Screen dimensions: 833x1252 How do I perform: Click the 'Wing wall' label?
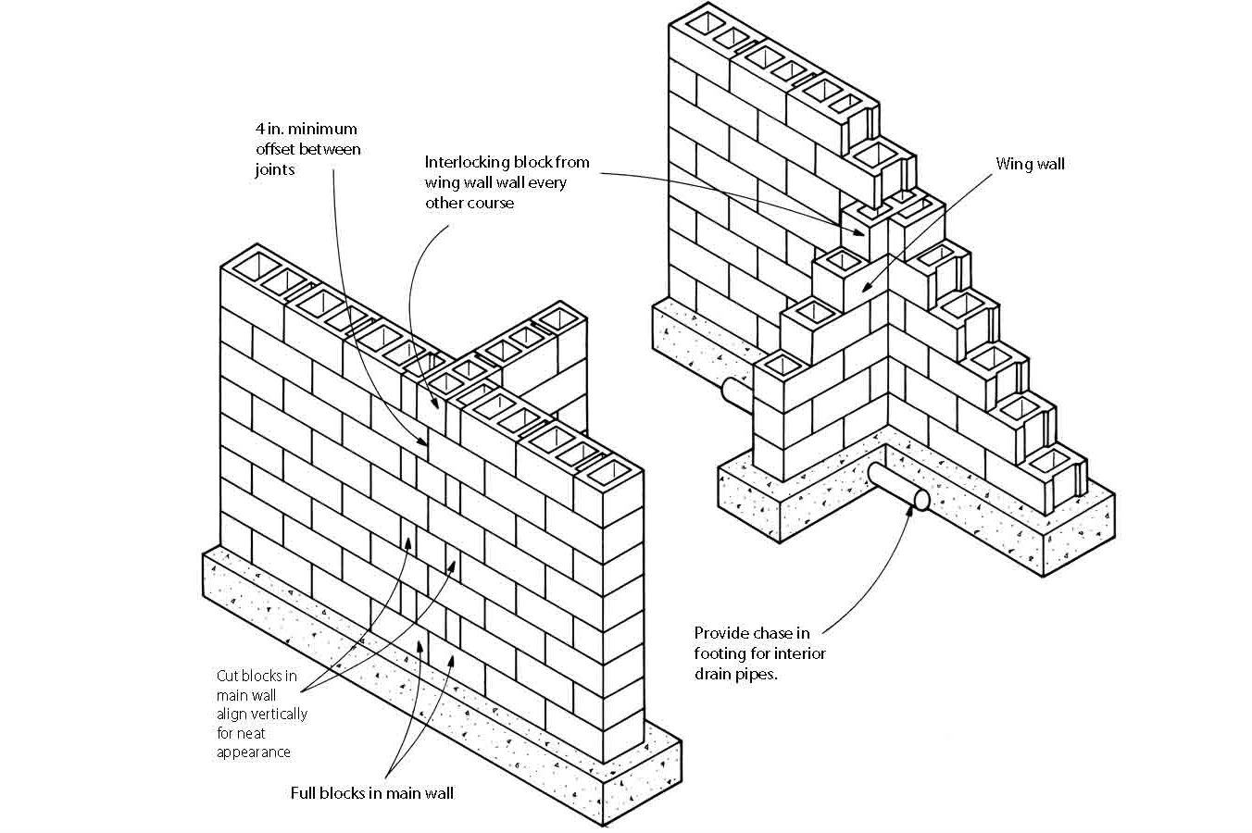[x=1030, y=165]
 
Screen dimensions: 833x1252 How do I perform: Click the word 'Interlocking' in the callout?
[x=465, y=162]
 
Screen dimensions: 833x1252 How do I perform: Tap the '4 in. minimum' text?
[x=307, y=129]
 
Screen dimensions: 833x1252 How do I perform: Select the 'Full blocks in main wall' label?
[x=372, y=793]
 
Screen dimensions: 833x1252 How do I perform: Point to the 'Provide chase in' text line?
[x=752, y=633]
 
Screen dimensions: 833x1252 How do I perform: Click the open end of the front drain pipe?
[x=920, y=500]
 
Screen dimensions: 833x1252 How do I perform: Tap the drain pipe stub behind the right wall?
[x=732, y=390]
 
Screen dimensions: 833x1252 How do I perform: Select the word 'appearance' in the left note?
[x=254, y=752]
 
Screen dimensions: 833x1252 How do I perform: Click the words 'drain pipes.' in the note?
[x=735, y=674]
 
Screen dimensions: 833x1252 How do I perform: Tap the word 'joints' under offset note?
[x=275, y=169]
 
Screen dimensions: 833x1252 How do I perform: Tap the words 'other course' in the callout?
[x=469, y=203]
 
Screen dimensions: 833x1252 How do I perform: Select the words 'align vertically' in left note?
[x=262, y=714]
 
